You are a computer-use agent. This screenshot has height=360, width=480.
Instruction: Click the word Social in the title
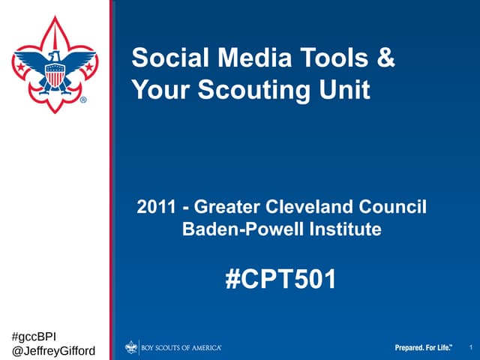(163, 58)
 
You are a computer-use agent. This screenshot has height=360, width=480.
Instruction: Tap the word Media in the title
(238, 58)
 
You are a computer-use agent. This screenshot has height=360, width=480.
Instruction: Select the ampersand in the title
(385, 58)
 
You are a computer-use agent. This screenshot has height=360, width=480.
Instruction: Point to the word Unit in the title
(349, 90)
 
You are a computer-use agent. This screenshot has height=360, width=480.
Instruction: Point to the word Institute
(343, 229)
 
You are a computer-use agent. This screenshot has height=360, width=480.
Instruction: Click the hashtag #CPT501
(281, 280)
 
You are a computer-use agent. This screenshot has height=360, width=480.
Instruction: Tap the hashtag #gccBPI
(35, 334)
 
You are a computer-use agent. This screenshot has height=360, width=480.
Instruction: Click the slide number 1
(469, 347)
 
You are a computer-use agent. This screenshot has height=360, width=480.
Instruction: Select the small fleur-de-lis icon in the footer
(132, 347)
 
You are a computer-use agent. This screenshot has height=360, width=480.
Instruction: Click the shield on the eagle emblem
(55, 76)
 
